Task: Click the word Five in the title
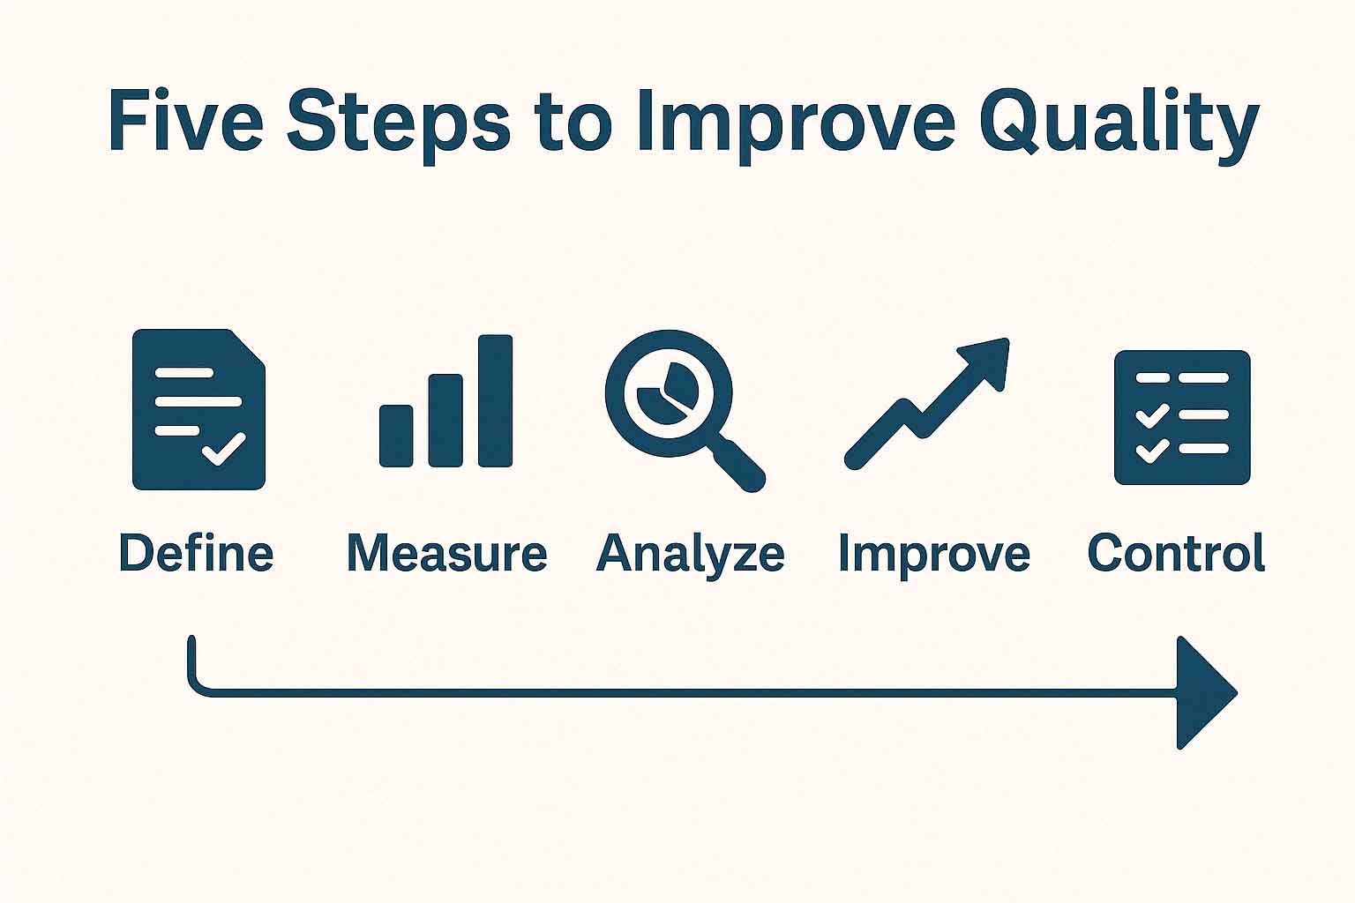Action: (x=186, y=120)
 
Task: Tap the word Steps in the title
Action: (x=398, y=125)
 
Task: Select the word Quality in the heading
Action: (x=1119, y=125)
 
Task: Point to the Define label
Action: (x=197, y=552)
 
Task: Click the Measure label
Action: (x=447, y=553)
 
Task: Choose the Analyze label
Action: (x=690, y=556)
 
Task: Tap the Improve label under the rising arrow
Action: (x=934, y=556)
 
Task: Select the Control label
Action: (x=1176, y=552)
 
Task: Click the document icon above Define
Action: (x=198, y=409)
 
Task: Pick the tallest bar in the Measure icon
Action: (x=496, y=401)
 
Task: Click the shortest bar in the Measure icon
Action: (x=396, y=437)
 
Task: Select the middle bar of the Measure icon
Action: (x=445, y=421)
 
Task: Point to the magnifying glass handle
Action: (x=739, y=465)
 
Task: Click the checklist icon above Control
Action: (x=1182, y=417)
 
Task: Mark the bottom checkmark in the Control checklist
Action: (x=1152, y=451)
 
